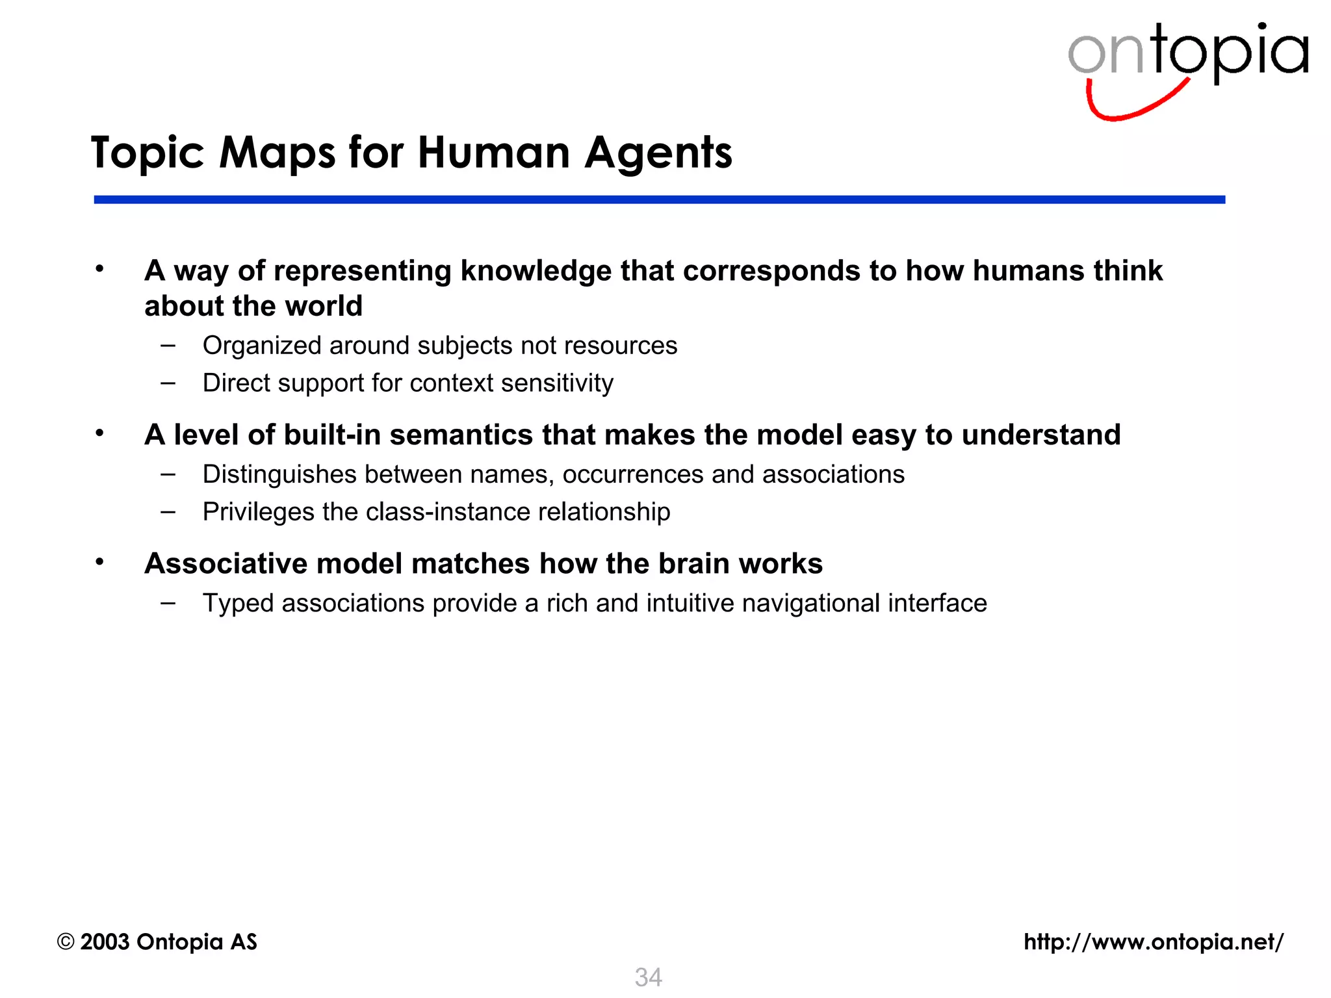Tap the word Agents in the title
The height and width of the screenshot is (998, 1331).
pos(658,153)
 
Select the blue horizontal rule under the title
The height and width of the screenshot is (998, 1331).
pos(659,199)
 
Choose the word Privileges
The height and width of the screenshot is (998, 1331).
pos(258,512)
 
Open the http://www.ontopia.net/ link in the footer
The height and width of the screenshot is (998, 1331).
pos(1154,941)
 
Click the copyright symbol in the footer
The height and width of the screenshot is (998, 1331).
pos(66,941)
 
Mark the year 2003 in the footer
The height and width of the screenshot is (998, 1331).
pos(105,941)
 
